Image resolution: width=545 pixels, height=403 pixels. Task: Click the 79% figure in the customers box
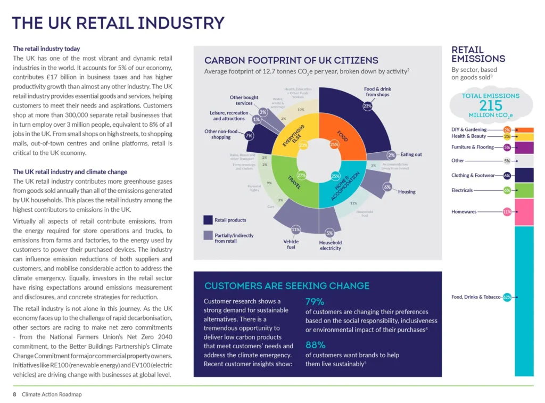tap(315, 302)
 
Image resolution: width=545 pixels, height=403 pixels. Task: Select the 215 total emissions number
tap(490, 105)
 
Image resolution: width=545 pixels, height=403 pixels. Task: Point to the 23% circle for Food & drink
tap(367, 106)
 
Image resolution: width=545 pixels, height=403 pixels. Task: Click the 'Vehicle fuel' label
tap(291, 244)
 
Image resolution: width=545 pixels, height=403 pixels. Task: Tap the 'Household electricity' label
tap(331, 245)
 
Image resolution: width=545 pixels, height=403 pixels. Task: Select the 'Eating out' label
tap(411, 154)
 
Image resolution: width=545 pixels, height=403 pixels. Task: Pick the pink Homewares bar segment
tap(524, 211)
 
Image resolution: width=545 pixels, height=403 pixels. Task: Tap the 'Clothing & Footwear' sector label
tap(473, 175)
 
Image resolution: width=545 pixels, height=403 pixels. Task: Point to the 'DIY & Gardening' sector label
tap(469, 129)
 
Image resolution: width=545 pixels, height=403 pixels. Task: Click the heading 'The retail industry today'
tap(46, 49)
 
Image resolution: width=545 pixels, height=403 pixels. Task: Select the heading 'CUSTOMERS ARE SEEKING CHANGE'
tap(287, 286)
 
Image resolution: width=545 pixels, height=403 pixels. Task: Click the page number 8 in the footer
tap(15, 394)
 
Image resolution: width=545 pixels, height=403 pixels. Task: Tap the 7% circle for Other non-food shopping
tap(249, 135)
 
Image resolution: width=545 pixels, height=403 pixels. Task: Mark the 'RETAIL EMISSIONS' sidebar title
tap(478, 54)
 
